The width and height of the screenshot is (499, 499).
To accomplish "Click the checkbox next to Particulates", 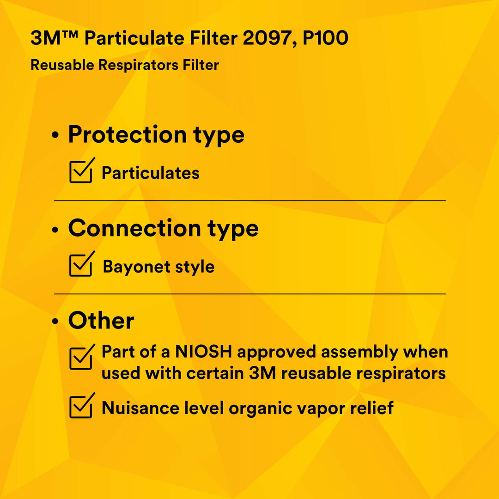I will pyautogui.click(x=81, y=172).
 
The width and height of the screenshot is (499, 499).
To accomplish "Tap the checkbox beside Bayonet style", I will pyautogui.click(x=81, y=266).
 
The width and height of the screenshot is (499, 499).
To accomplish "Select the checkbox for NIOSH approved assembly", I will pyautogui.click(x=81, y=358).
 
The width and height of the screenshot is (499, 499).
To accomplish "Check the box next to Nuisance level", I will pyautogui.click(x=81, y=407).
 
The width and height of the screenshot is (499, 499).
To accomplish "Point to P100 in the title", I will pyautogui.click(x=326, y=39).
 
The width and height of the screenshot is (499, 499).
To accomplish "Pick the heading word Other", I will pyautogui.click(x=101, y=321).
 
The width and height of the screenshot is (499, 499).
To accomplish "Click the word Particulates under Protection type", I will pyautogui.click(x=151, y=173).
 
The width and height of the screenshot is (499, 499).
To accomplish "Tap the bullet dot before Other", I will pyautogui.click(x=56, y=322).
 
